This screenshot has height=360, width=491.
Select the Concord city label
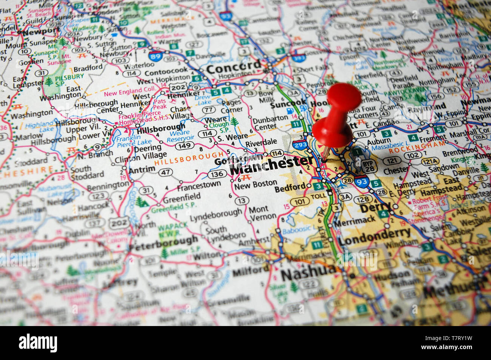pos(234,68)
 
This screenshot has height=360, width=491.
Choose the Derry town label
pos(375,207)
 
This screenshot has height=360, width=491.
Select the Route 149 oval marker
pos(184,145)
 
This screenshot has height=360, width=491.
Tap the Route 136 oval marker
pos(217,174)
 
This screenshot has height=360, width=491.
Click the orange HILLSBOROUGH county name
pos(189,158)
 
